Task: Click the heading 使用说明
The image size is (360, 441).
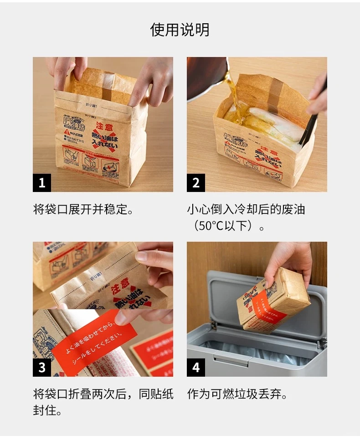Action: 180,30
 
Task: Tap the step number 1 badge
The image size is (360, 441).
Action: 42,183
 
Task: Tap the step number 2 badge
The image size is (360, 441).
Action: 196,183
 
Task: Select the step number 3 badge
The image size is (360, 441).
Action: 42,368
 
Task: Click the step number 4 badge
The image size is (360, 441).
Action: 196,368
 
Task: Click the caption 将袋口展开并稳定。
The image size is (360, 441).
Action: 85,210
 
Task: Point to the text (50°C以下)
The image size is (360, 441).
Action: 226,226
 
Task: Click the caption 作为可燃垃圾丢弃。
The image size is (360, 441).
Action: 237,394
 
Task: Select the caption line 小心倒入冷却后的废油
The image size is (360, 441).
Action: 246,210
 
